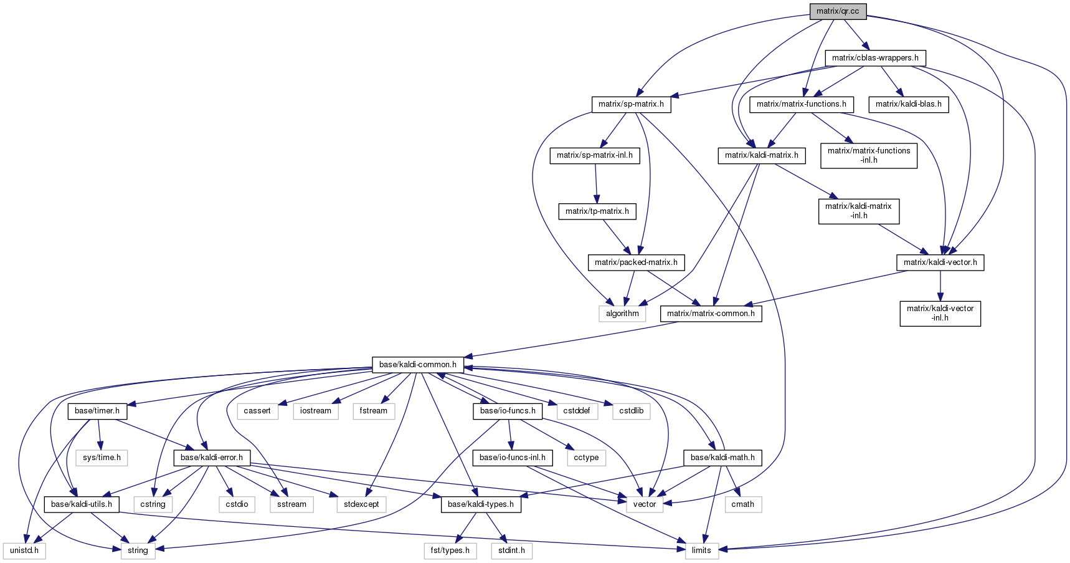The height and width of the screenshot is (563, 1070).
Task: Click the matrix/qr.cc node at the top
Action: (x=838, y=11)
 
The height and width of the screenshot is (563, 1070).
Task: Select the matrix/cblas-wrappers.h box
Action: (x=875, y=58)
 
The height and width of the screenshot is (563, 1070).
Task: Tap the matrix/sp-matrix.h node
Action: (x=631, y=104)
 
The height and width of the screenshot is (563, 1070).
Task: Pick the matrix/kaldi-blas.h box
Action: (x=909, y=104)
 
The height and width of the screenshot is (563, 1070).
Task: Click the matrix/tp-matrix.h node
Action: (x=597, y=211)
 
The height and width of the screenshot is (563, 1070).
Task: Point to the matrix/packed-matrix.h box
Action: (x=636, y=262)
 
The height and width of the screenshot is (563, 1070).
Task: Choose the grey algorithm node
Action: (x=623, y=314)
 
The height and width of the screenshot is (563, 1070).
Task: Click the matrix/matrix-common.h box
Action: (x=711, y=314)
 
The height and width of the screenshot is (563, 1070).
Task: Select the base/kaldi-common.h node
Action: (x=418, y=365)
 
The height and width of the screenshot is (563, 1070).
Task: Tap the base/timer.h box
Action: (x=97, y=411)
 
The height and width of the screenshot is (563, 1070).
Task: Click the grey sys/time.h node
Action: (x=102, y=458)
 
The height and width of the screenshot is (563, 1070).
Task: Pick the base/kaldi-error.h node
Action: (x=212, y=458)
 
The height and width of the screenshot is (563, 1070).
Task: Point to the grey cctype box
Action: (x=586, y=458)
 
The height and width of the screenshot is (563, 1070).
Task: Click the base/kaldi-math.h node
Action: (x=722, y=458)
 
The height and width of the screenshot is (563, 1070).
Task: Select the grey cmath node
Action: (x=742, y=504)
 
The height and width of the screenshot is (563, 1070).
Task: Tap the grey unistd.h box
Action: (x=24, y=551)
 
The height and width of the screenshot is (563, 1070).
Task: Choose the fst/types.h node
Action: (x=450, y=551)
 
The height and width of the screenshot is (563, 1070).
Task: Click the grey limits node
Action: (x=701, y=551)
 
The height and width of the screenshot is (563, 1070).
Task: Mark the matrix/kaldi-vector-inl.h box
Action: (x=940, y=314)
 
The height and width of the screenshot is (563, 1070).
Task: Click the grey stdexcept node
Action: (x=361, y=504)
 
